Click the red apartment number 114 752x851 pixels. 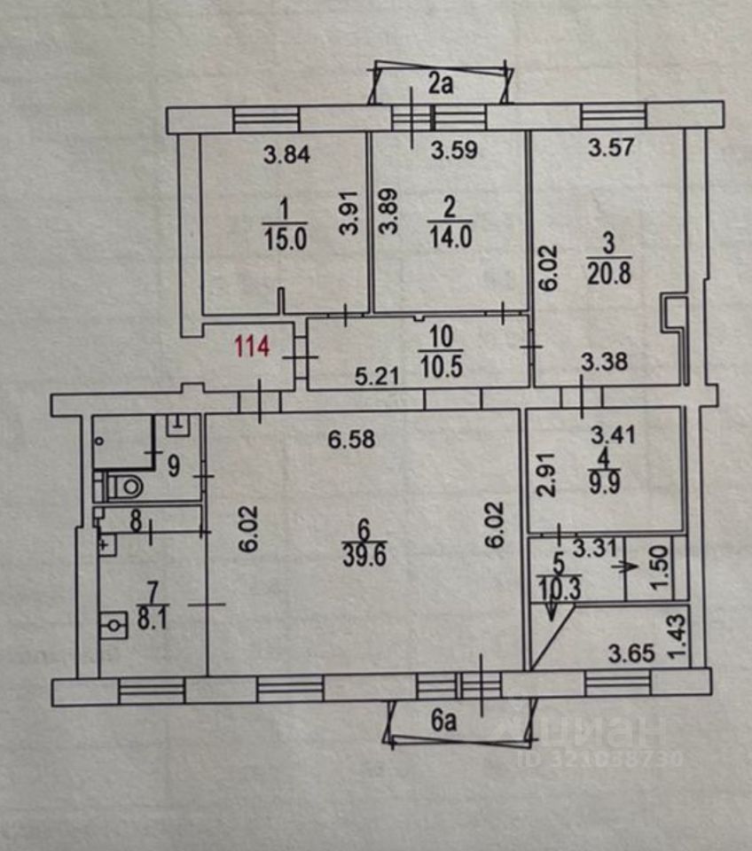pyautogui.click(x=251, y=347)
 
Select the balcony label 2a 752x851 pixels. pyautogui.click(x=441, y=85)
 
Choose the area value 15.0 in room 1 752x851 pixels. pyautogui.click(x=284, y=238)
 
